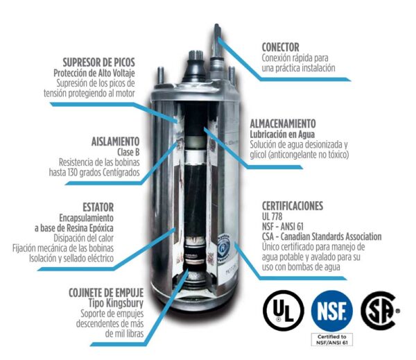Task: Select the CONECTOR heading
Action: [x=281, y=47]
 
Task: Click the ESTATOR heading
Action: [x=93, y=207]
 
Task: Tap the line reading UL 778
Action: [x=273, y=216]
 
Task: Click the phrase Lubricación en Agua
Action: [x=281, y=133]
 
